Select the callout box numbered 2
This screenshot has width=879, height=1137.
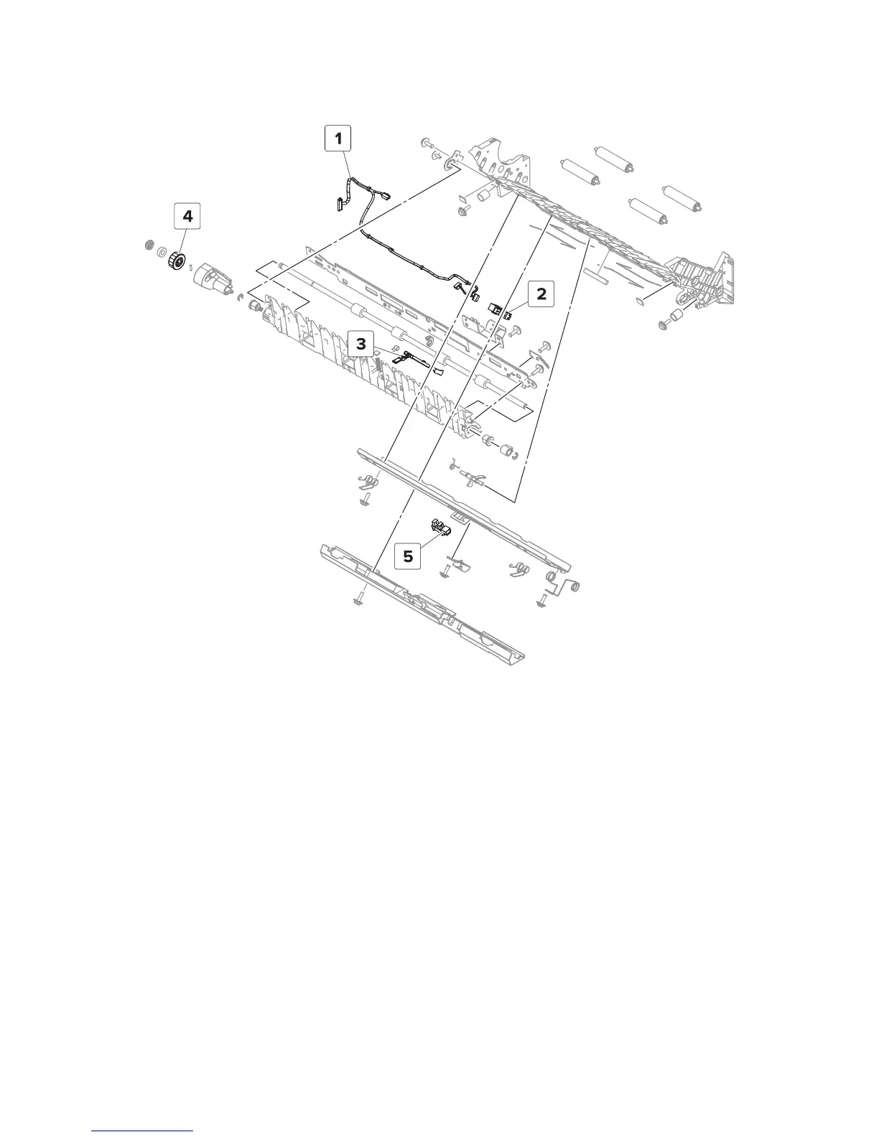click(541, 294)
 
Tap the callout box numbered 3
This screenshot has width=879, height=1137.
click(361, 345)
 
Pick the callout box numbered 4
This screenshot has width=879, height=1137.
click(187, 216)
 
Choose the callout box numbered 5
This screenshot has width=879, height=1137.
click(408, 556)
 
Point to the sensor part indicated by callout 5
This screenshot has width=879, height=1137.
click(439, 530)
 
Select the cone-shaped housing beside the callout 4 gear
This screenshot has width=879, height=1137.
click(210, 278)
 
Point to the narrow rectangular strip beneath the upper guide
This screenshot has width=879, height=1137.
click(595, 276)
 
